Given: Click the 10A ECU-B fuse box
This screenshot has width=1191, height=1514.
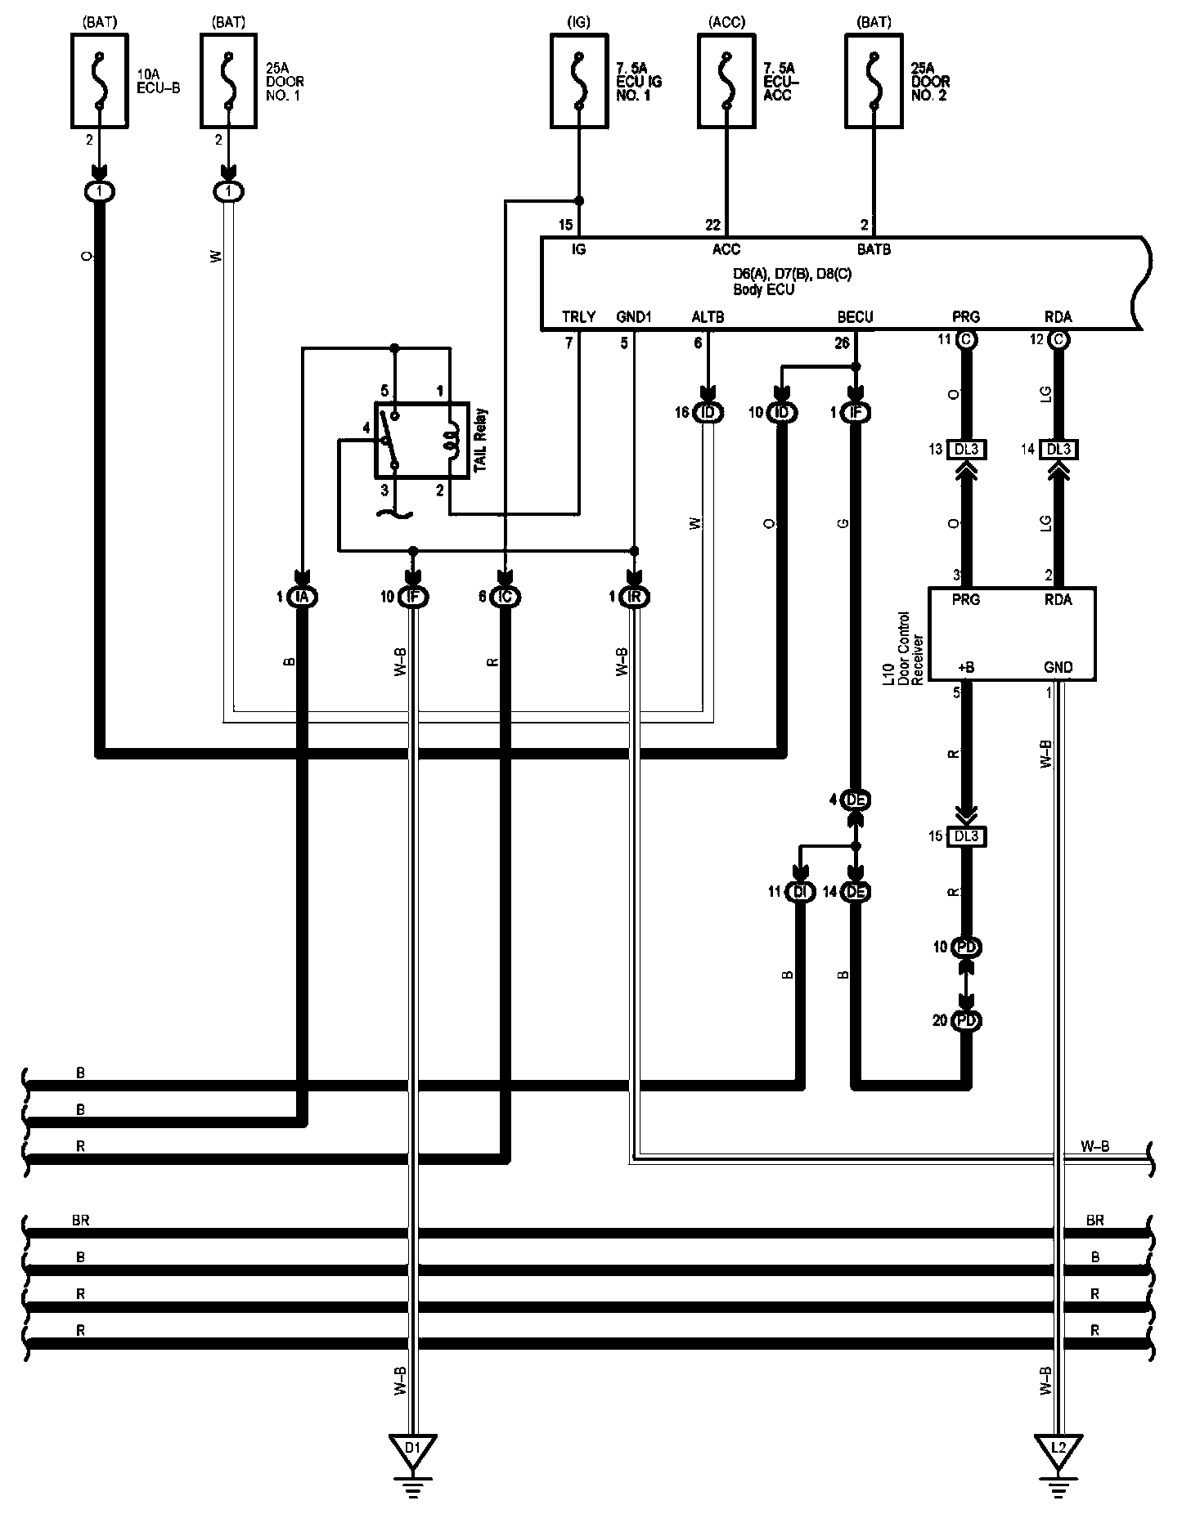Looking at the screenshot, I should (100, 80).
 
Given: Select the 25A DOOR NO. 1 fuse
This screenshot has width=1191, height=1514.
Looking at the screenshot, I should (229, 80).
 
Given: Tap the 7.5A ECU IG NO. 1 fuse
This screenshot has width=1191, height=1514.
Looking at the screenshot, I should (579, 80).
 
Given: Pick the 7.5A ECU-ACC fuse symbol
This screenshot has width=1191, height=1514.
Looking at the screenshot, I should (726, 80).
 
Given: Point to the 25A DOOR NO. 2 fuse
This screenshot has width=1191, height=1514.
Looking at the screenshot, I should (874, 80).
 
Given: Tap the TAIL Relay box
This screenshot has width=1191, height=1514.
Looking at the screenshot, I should (421, 440).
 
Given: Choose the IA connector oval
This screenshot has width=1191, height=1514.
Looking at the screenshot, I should (303, 598).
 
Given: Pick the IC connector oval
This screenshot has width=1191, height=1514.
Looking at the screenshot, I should (506, 598).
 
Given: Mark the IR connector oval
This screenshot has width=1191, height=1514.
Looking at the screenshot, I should (635, 598).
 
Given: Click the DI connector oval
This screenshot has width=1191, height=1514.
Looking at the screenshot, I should (800, 892).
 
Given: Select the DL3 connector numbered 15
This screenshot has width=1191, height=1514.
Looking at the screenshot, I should (966, 836).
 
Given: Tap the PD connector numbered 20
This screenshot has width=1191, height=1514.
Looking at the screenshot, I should (967, 1021).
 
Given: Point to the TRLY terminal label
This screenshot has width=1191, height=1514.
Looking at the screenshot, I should (578, 317).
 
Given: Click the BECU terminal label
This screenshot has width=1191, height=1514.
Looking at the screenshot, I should (855, 317).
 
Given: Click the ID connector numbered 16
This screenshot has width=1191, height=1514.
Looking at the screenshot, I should (708, 413).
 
